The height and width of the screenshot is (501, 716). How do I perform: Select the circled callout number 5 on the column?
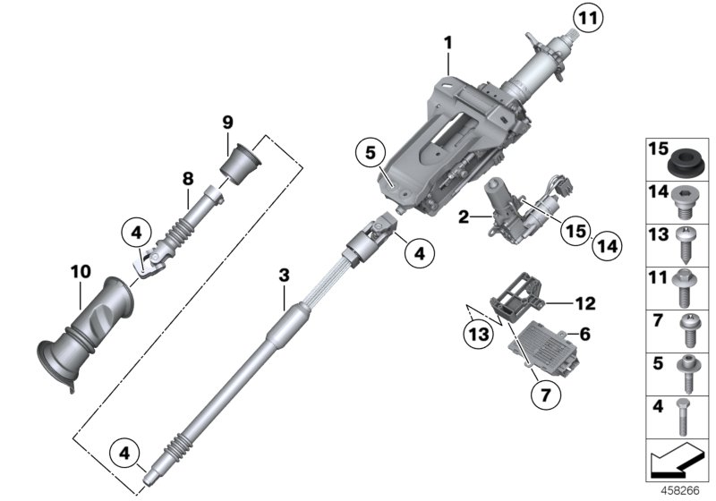coord(371,153)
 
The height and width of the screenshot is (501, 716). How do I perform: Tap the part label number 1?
coord(447,42)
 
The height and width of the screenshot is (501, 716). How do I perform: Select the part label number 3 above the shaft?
coord(284,276)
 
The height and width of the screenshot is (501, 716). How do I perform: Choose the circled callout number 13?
coord(476,335)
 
